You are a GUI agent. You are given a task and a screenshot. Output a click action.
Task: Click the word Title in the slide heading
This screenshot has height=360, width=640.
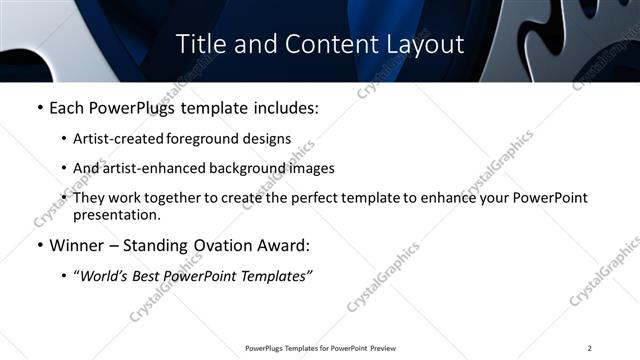200,45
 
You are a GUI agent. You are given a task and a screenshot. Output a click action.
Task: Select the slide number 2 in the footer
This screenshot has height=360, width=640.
590,348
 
